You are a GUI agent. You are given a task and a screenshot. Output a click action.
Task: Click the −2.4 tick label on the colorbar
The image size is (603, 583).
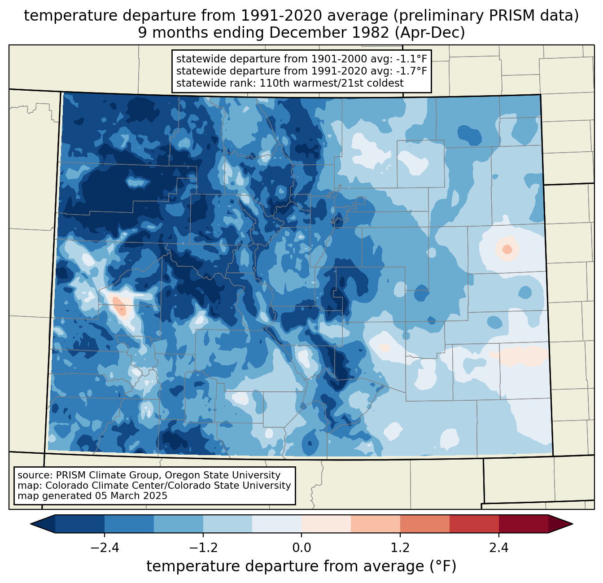(x=105, y=548)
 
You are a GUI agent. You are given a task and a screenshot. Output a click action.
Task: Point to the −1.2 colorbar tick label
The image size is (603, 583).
(x=203, y=548)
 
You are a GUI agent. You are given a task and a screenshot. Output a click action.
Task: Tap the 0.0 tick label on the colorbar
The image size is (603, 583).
(x=301, y=548)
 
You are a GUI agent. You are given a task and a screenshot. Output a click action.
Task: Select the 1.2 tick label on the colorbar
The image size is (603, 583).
(x=400, y=548)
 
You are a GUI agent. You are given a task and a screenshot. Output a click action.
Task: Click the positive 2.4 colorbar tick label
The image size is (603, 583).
(x=499, y=548)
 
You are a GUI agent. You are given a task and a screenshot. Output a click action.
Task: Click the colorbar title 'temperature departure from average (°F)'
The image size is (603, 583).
(x=301, y=566)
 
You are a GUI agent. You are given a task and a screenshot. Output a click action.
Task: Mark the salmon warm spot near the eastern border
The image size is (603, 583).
(x=507, y=248)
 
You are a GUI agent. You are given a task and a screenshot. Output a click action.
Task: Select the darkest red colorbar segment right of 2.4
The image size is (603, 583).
(x=523, y=524)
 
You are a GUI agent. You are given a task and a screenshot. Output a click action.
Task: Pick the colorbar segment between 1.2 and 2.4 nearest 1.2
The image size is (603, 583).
(x=424, y=524)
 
